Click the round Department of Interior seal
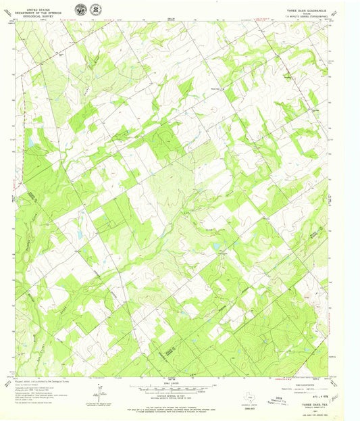(x=80, y=9)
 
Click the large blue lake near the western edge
(x=30, y=141)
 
